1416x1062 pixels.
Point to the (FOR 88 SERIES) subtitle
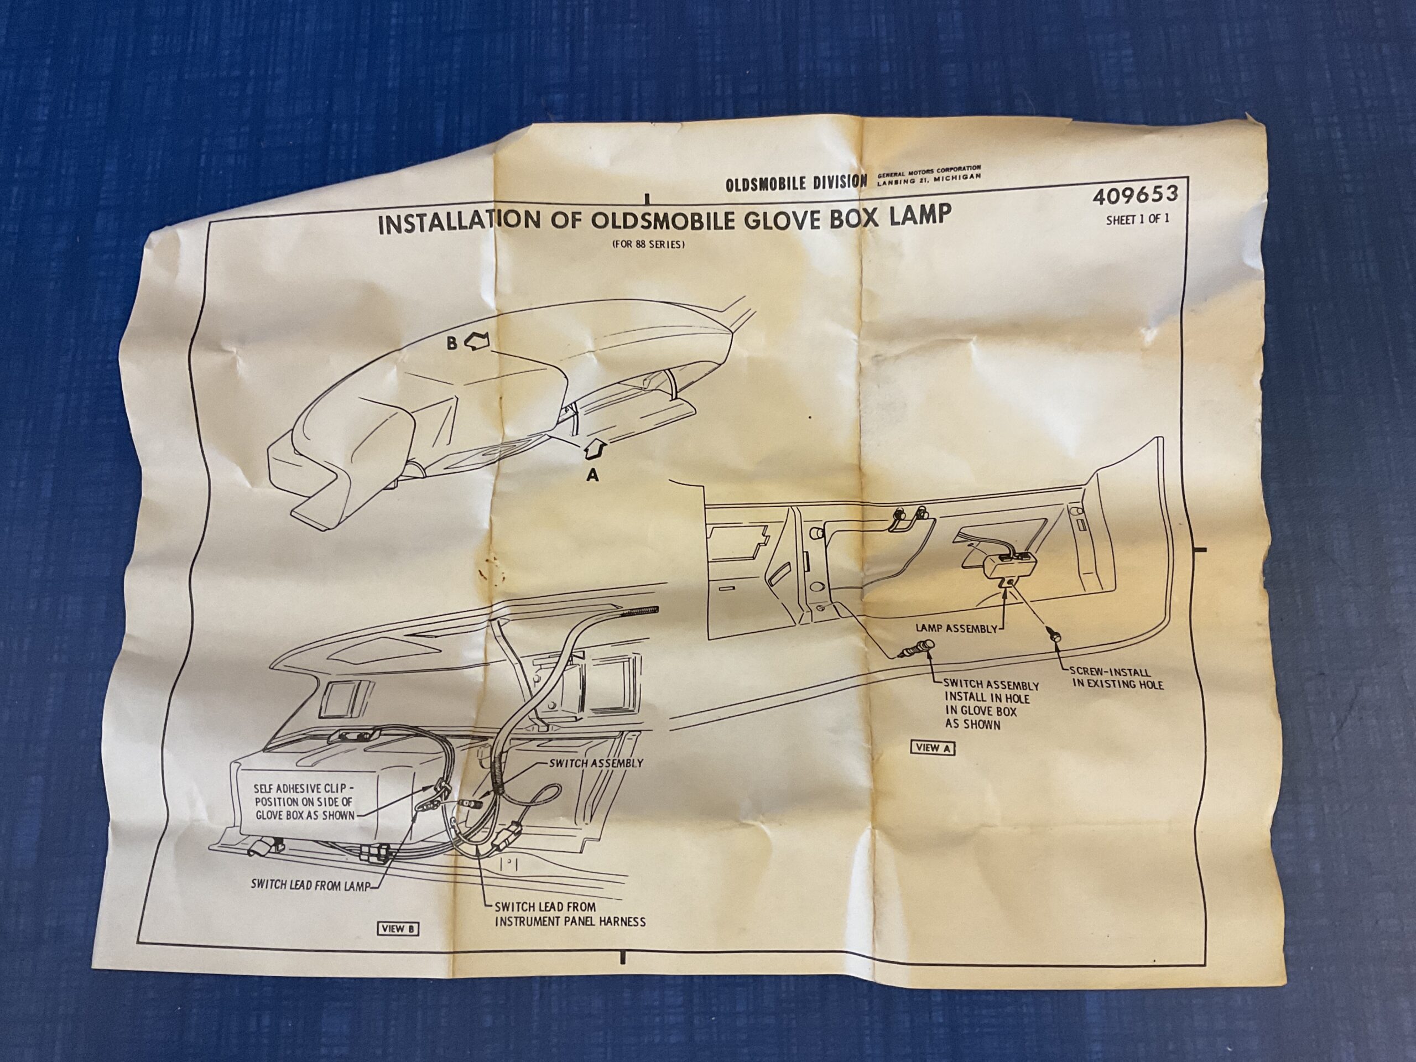[x=648, y=244]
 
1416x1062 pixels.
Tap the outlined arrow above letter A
[x=594, y=449]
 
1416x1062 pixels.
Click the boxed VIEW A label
[x=933, y=747]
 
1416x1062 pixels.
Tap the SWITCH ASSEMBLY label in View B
[x=596, y=763]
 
